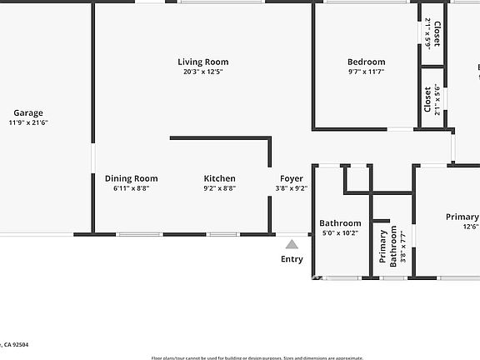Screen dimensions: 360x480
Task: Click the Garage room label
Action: (x=27, y=112)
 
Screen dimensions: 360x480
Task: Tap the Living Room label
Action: (x=202, y=62)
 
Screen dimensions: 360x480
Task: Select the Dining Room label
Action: (x=131, y=178)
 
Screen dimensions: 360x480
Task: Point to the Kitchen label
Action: (x=220, y=178)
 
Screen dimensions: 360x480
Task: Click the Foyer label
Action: (x=291, y=178)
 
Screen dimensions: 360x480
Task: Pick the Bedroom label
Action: (x=366, y=62)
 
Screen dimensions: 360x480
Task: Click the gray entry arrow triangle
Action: (x=292, y=244)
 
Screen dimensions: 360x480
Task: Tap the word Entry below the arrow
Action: (x=292, y=259)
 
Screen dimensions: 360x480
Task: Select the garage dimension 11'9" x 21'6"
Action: (x=28, y=123)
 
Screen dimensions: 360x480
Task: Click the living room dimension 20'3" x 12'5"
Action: (x=202, y=72)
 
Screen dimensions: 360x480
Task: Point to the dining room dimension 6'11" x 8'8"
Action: (x=131, y=188)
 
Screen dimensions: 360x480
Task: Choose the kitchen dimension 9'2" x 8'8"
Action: (x=220, y=188)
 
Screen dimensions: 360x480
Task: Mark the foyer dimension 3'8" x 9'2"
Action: (x=291, y=188)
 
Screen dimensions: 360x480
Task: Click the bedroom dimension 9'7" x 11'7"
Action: (x=366, y=72)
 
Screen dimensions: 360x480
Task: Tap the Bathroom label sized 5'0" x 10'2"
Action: (x=340, y=223)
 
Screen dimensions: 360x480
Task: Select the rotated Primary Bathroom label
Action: (x=395, y=246)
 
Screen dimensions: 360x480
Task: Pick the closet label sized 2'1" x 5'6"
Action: (x=427, y=100)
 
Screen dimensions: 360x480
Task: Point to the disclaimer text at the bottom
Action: (x=257, y=356)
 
